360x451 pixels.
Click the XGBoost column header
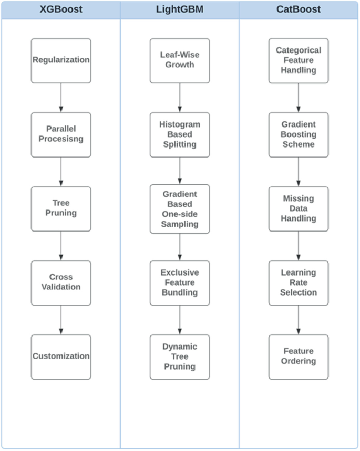click(x=61, y=9)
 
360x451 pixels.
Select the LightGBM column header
click(x=180, y=9)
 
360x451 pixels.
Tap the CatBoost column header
click(x=299, y=9)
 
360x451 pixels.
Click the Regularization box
click(x=61, y=60)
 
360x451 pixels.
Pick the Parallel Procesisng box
click(x=61, y=134)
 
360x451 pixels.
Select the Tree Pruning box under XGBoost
click(x=61, y=208)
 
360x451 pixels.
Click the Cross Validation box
click(x=61, y=282)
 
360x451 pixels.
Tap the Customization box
click(x=61, y=356)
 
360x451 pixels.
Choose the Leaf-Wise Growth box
click(x=180, y=60)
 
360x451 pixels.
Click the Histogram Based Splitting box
click(x=180, y=134)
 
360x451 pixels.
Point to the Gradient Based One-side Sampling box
click(x=180, y=208)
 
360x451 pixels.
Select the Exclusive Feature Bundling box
click(x=180, y=282)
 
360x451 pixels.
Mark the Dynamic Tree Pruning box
click(x=180, y=356)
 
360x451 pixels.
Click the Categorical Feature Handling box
click(x=299, y=60)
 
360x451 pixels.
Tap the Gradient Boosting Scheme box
click(x=299, y=134)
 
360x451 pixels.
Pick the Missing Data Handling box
click(x=299, y=208)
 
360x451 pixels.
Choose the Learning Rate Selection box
click(x=299, y=282)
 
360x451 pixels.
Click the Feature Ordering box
click(x=299, y=356)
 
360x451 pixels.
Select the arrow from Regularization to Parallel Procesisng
click(x=61, y=98)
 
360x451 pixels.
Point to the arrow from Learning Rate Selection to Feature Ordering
click(x=299, y=320)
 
